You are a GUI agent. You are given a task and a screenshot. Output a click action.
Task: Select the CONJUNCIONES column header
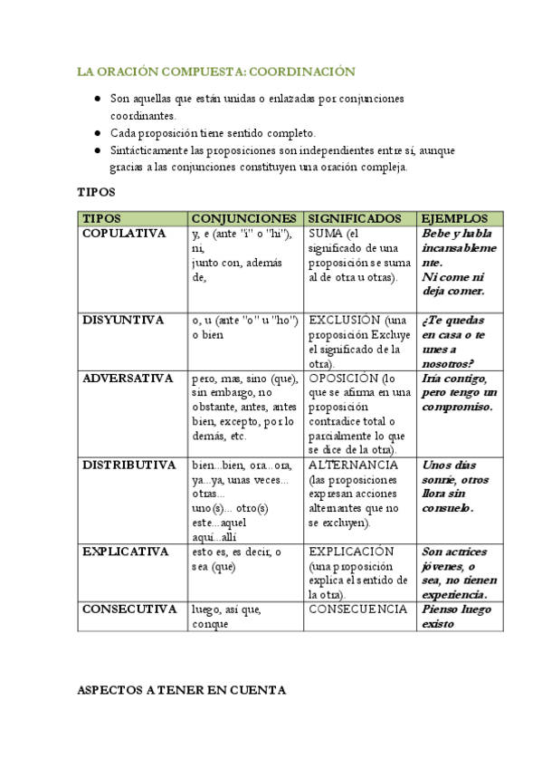[243, 219]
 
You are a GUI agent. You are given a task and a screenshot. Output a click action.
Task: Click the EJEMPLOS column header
[455, 219]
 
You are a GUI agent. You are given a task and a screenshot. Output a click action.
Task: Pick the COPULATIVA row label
[124, 234]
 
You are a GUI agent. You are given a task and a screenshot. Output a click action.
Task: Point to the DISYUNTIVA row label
[123, 321]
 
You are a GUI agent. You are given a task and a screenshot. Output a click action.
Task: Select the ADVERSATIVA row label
[128, 379]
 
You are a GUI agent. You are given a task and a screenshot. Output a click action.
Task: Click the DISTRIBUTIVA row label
[128, 466]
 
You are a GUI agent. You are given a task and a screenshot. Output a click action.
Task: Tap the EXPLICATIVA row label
[126, 552]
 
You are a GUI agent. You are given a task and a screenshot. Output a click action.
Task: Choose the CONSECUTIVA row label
[128, 610]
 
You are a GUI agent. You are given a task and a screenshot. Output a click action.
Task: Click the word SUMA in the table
[325, 234]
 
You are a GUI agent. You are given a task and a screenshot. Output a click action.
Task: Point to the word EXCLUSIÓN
[345, 321]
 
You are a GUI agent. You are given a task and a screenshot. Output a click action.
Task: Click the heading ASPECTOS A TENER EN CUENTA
[182, 690]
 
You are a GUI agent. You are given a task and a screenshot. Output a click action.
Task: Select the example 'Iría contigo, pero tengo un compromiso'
[460, 393]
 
